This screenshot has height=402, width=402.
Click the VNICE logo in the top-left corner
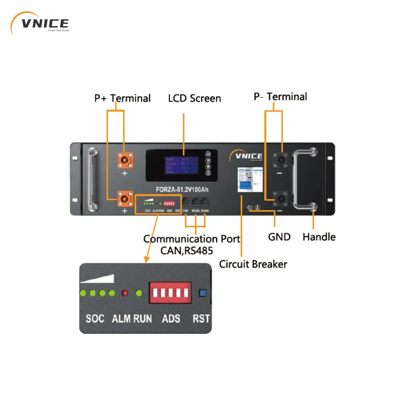point(40,24)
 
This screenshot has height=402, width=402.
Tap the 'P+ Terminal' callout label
point(122,98)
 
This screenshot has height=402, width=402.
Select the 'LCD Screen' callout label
point(195,98)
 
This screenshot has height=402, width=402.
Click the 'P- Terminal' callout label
point(280,97)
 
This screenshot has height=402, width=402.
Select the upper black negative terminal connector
point(280,160)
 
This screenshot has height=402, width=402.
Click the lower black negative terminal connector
point(280,199)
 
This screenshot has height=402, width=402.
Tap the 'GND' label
point(279,237)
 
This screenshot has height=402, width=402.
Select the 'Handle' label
point(319,237)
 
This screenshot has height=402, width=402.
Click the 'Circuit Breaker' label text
point(253,264)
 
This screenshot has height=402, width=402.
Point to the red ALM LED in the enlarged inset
point(125,293)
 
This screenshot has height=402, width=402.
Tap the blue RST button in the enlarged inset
point(203,293)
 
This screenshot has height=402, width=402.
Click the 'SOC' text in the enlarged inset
point(95,319)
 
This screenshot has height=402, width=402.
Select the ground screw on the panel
point(250,208)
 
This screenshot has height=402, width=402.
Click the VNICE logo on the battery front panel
point(246,156)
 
